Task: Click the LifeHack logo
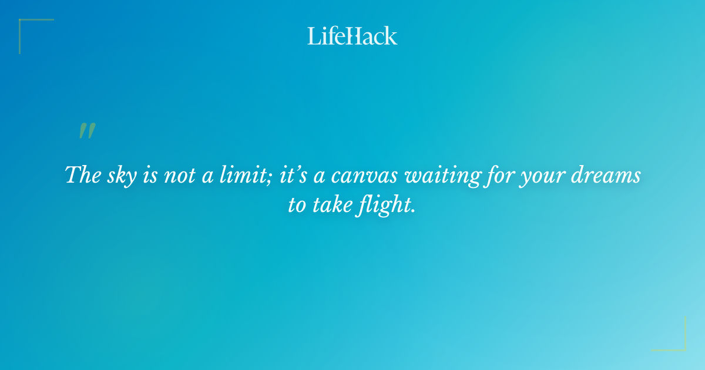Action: [x=352, y=36]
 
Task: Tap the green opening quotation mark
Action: [x=87, y=131]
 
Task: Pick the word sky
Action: [x=120, y=176]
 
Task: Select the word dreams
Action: [x=609, y=175]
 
